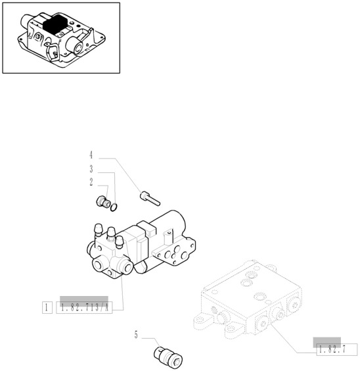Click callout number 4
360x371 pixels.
click(91, 155)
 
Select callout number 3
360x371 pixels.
click(91, 169)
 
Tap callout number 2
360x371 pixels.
click(91, 182)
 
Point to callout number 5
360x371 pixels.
click(136, 335)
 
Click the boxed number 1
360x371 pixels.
click(47, 308)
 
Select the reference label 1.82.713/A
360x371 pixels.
click(84, 308)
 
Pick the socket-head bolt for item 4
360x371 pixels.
click(150, 199)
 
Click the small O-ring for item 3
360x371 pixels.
click(114, 207)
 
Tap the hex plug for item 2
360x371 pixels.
click(103, 202)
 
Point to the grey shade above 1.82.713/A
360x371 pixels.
click(84, 301)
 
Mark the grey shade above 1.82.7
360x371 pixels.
click(327, 342)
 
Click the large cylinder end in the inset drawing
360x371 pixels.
click(75, 46)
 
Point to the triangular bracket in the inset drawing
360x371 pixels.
click(53, 52)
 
